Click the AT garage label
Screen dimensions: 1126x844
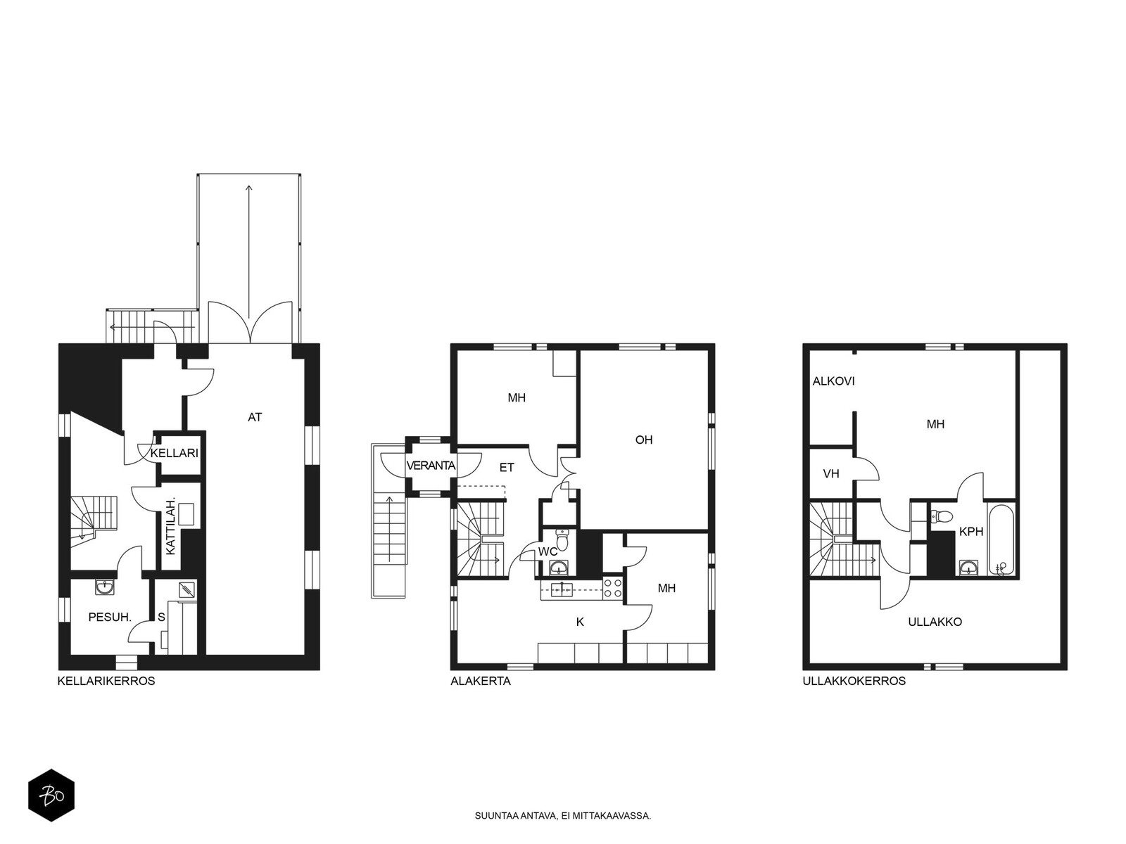[255, 417]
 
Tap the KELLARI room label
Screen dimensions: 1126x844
[175, 453]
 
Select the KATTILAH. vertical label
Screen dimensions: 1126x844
[171, 526]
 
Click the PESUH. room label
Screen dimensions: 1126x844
[110, 617]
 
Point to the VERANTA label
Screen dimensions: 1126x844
[431, 466]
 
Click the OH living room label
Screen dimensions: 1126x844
[644, 440]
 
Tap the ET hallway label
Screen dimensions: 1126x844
[507, 467]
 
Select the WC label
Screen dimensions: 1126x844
[548, 552]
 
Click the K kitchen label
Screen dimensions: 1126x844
[580, 622]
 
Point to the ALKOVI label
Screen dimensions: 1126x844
[834, 381]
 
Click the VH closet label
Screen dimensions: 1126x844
[831, 473]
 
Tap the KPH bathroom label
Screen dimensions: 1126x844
[971, 532]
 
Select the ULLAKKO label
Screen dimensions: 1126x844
[935, 622]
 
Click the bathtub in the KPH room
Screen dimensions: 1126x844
[1002, 541]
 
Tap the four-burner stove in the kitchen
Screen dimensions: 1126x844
[612, 588]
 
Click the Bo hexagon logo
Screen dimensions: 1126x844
[51, 795]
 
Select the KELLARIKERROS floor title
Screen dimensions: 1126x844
[106, 681]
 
